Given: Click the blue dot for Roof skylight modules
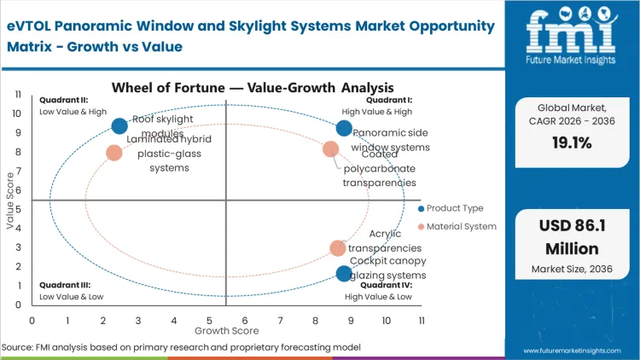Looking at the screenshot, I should click(x=119, y=126).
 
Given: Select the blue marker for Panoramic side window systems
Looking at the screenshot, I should click(x=344, y=128).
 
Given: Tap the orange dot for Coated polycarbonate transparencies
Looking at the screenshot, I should click(x=331, y=149).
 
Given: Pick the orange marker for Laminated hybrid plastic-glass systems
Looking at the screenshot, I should click(x=114, y=154).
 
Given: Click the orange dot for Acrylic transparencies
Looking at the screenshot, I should click(x=338, y=248).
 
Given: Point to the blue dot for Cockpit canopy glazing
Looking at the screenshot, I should click(x=344, y=274).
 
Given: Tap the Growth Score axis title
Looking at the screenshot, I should click(x=226, y=330).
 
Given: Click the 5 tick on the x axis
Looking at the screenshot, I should click(x=209, y=320).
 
